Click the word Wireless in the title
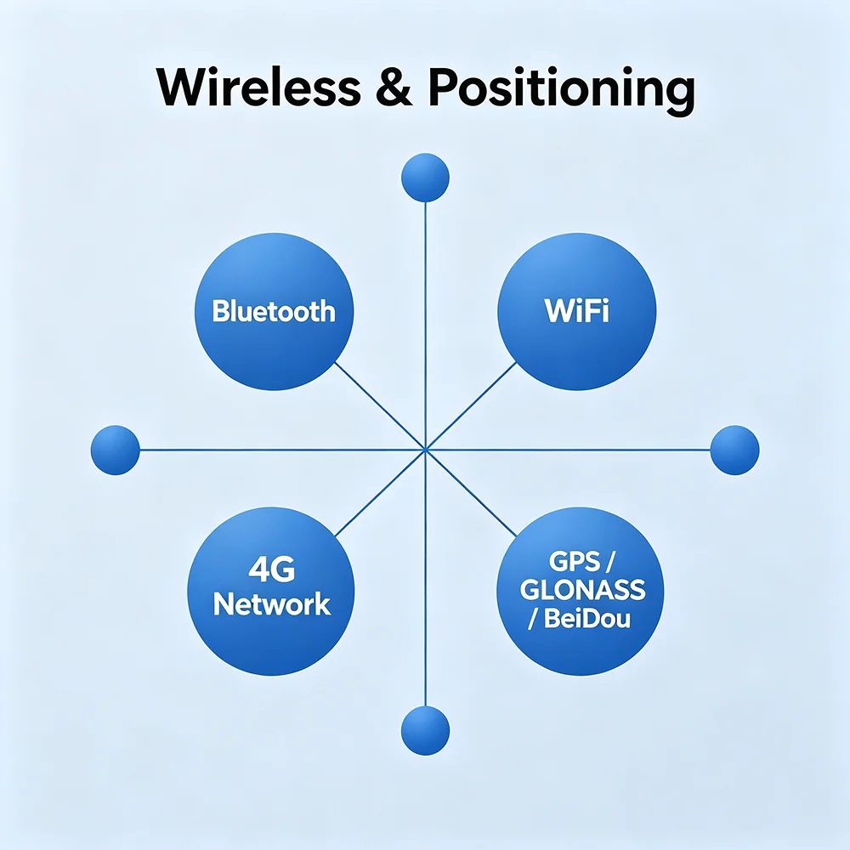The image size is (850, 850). pyautogui.click(x=258, y=88)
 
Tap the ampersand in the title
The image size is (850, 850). pyautogui.click(x=394, y=88)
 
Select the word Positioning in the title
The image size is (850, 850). pyautogui.click(x=562, y=91)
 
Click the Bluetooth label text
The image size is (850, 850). pyautogui.click(x=274, y=311)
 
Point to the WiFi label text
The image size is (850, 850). pyautogui.click(x=576, y=310)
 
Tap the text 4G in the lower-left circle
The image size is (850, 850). pyautogui.click(x=272, y=569)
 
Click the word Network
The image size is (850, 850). pyautogui.click(x=272, y=603)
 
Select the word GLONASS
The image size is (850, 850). pyautogui.click(x=583, y=590)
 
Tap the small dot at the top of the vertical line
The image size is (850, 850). pyautogui.click(x=426, y=178)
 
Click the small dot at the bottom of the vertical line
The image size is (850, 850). pyautogui.click(x=426, y=731)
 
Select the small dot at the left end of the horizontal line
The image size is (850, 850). pyautogui.click(x=116, y=450)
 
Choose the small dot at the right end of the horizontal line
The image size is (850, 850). pyautogui.click(x=734, y=450)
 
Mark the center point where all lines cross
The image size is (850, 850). pyautogui.click(x=426, y=450)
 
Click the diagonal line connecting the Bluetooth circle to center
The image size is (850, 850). pyautogui.click(x=380, y=406)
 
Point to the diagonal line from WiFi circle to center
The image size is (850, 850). pyautogui.click(x=471, y=405)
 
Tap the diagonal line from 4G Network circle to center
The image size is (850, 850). pyautogui.click(x=381, y=493)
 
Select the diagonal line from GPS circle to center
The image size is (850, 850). pyautogui.click(x=471, y=493)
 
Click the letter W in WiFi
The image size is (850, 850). pyautogui.click(x=558, y=310)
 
